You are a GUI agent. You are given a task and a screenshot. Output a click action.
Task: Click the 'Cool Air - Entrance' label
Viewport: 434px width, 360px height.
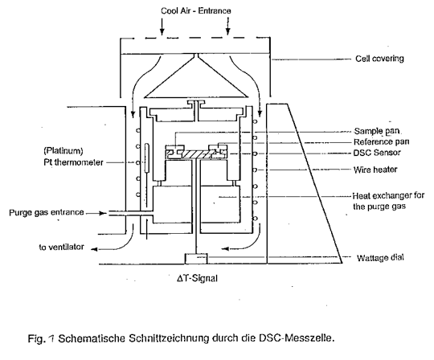coord(195,10)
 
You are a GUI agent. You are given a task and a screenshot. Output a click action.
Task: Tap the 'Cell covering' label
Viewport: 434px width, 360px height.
coord(379,59)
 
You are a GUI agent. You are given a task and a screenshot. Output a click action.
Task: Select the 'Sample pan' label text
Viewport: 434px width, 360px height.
coord(377,131)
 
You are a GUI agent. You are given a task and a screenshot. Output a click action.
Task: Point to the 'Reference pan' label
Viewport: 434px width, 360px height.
coord(382,142)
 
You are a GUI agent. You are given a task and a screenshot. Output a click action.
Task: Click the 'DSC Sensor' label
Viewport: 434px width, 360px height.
coord(377,153)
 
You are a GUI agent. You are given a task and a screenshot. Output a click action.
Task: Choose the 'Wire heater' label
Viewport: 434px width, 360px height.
coord(375,170)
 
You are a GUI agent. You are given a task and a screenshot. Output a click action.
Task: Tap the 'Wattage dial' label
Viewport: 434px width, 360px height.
coord(380,258)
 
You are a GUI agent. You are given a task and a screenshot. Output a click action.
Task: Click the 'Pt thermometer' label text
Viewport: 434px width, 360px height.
coord(73,162)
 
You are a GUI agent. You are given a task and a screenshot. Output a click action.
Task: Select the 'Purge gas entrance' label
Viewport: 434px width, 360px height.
coord(47,212)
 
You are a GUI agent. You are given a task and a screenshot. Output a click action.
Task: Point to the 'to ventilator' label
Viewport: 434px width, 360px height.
coord(61,247)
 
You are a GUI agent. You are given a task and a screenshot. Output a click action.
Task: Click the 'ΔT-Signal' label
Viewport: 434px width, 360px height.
coord(197,278)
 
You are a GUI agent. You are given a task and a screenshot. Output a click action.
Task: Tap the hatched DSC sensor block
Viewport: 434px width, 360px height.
coord(195,154)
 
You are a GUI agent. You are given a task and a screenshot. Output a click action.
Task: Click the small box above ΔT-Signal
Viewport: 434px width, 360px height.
coord(196,259)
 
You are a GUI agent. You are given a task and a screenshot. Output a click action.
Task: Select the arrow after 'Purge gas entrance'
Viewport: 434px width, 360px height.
coord(96,213)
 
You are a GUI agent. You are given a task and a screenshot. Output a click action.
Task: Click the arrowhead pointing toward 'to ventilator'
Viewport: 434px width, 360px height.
coord(94,249)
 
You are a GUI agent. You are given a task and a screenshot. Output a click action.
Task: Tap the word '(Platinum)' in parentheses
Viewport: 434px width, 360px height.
coord(63,151)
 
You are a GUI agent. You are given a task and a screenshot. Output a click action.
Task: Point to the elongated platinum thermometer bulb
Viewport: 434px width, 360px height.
coord(147,157)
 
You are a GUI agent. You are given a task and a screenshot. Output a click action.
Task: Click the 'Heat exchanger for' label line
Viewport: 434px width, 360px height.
coord(388,196)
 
